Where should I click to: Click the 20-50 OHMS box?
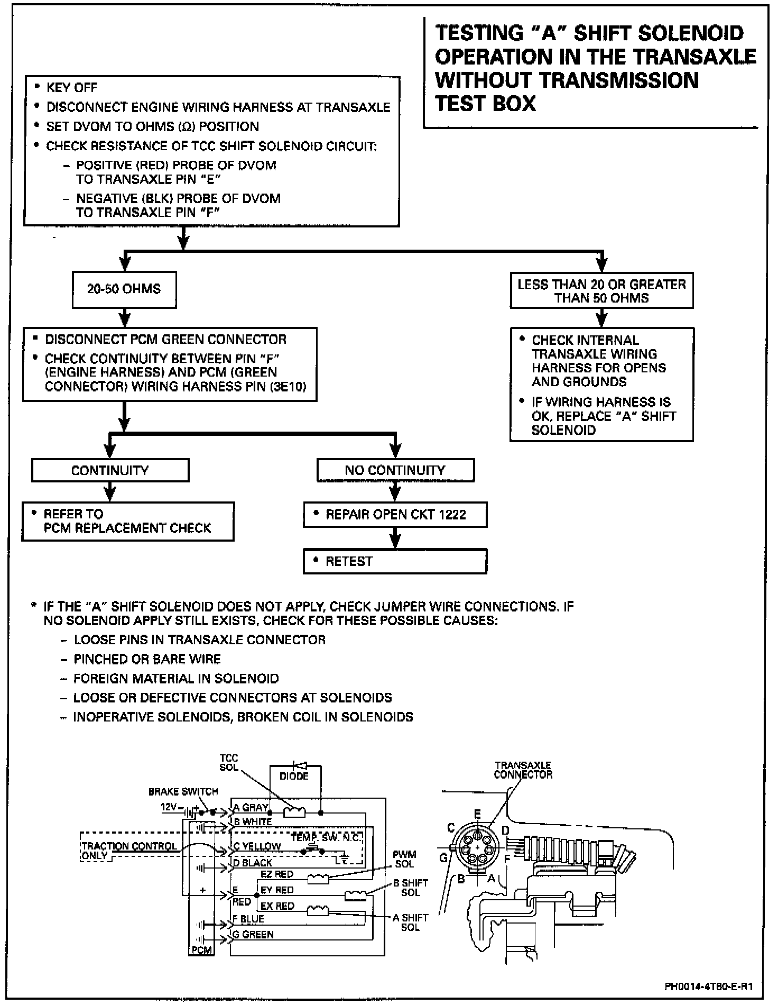click(124, 290)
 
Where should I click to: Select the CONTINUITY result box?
click(110, 470)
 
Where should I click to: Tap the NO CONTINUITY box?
click(395, 470)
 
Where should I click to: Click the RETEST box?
click(394, 561)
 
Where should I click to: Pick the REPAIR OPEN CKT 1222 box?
click(395, 515)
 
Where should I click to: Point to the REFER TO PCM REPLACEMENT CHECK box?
click(127, 521)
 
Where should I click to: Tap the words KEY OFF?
click(72, 87)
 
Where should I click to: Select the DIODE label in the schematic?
click(294, 776)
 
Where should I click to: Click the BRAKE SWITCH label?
click(183, 792)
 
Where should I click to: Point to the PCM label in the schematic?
click(201, 950)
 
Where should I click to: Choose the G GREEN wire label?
click(253, 935)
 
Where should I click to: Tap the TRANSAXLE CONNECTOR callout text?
click(523, 770)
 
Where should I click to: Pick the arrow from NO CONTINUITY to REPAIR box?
click(395, 492)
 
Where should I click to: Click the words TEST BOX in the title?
click(485, 104)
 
